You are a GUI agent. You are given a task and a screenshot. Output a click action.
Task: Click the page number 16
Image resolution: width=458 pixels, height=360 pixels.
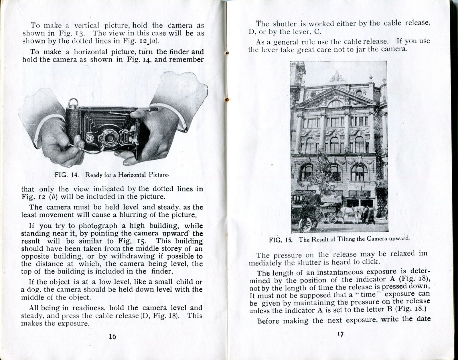pyautogui.click(x=112, y=337)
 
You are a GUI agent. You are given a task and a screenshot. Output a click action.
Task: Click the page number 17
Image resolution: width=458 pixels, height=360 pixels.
pyautogui.click(x=340, y=334)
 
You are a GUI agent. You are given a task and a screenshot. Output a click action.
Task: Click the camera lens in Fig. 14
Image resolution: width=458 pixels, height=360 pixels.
pyautogui.click(x=109, y=138)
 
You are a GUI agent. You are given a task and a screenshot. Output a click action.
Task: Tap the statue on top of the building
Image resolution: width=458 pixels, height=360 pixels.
pyautogui.click(x=337, y=77)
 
